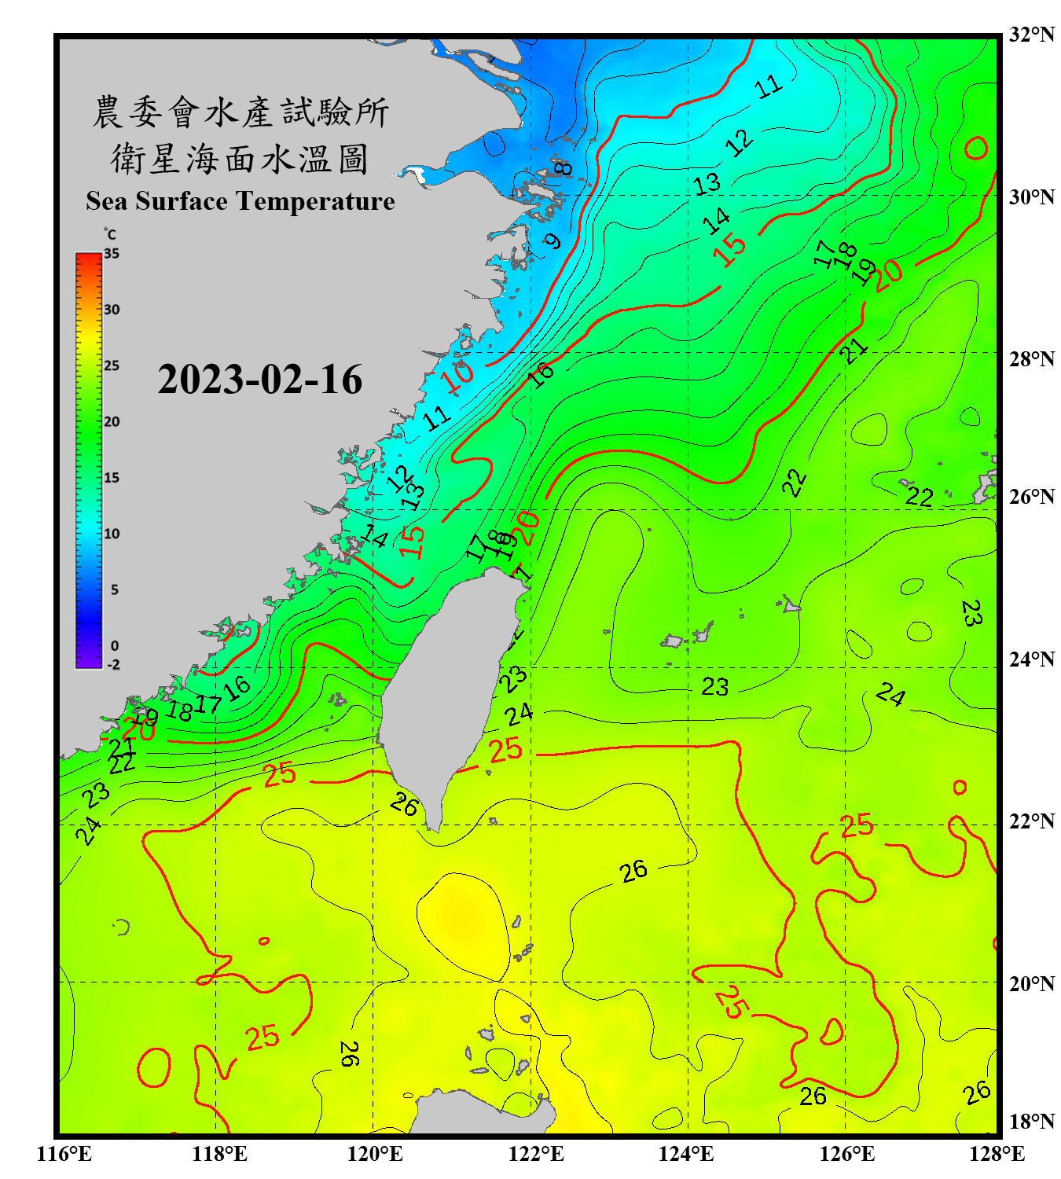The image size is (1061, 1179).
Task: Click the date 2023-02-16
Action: point(259,380)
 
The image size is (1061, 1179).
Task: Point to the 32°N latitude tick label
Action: point(1031,35)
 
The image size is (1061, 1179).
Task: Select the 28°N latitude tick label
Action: point(1031,359)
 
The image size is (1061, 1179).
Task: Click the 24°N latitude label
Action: point(1031,659)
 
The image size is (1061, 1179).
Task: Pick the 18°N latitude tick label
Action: point(1031,1122)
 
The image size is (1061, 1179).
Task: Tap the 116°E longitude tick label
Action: point(64,1154)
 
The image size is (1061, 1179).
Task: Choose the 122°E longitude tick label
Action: point(536,1154)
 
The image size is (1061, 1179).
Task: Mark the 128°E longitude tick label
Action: point(997,1154)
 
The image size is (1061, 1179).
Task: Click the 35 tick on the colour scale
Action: point(112,254)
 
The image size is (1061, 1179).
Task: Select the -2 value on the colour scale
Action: point(113,665)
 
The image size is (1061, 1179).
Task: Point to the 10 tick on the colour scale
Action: point(112,534)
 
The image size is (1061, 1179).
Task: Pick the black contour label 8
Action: point(562,167)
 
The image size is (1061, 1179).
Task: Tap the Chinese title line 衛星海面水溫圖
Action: point(240,160)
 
